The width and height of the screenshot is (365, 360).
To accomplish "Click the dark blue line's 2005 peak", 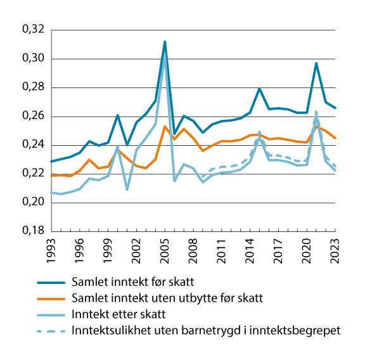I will pos(165,42).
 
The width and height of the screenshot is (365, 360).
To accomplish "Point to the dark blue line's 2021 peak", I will pos(316,63).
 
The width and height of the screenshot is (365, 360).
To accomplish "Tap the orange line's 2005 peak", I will pos(165,126).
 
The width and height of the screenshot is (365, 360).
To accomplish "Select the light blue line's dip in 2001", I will pos(127,190).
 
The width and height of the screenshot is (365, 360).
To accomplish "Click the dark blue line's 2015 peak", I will pos(260,89).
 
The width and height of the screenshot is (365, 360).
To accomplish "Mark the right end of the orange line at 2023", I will pos(335,138).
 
